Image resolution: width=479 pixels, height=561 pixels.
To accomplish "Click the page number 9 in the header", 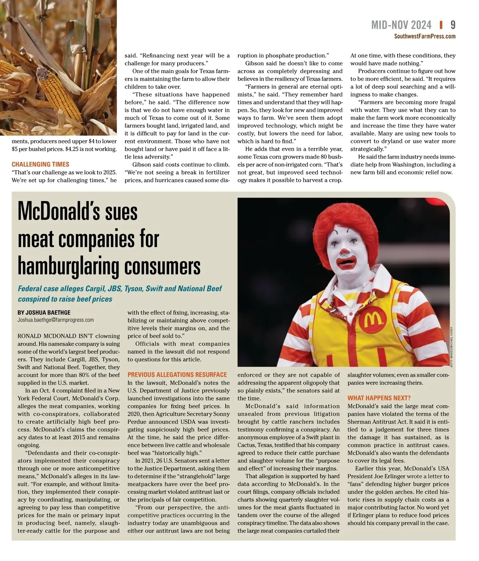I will coord(453,25).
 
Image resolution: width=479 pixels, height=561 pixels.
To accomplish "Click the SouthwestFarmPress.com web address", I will coord(425,36).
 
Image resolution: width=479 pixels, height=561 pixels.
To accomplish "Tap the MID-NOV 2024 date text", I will coord(401,25).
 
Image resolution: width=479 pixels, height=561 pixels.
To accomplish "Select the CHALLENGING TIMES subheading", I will coord(40,164).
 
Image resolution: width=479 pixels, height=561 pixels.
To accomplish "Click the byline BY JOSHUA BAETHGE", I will coord(44,313).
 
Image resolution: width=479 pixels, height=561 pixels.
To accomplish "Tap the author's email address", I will coord(55,320).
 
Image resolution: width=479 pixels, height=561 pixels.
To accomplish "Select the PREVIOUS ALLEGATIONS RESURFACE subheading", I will coord(177,375).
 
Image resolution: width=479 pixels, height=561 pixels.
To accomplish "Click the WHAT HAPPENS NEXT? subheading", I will coord(379,398).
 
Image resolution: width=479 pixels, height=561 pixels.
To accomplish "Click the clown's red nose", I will coord(344,251).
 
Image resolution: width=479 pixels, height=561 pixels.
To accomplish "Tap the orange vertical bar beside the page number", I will coord(441,25).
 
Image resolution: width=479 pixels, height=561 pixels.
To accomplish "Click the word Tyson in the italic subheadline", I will coord(133,289).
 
